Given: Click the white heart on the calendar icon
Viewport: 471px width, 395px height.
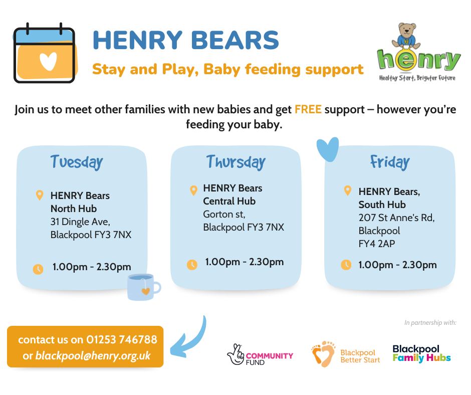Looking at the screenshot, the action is [x=48, y=61].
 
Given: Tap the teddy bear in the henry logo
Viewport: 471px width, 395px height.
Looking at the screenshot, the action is [x=406, y=37].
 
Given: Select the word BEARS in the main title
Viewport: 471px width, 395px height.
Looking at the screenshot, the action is [x=235, y=40].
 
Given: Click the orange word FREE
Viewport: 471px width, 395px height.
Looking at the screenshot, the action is [x=308, y=109].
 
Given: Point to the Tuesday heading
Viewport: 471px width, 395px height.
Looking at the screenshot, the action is [x=77, y=162].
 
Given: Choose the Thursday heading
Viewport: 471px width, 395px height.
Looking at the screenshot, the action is [x=236, y=162].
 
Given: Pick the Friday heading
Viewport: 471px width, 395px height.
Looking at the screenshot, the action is [x=390, y=162].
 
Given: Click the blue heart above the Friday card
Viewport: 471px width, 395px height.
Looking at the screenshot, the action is [x=328, y=149].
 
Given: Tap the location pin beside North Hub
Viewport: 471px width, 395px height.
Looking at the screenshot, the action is [x=40, y=195].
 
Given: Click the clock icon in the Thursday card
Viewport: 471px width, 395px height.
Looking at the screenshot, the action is [x=192, y=265].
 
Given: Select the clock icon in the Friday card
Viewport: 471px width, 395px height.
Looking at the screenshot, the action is [x=346, y=265].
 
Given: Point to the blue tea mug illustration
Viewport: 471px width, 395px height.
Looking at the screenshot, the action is [x=144, y=287].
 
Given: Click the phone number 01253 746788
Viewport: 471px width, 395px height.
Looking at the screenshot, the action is [x=122, y=339].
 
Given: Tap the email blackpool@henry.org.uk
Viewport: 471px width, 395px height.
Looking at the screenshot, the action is [x=93, y=355].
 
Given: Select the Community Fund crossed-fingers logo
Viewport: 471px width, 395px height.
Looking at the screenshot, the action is [x=260, y=354].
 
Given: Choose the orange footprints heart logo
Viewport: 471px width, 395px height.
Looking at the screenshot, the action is [x=324, y=354].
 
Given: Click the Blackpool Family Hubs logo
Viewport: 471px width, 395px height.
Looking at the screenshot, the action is [x=421, y=353].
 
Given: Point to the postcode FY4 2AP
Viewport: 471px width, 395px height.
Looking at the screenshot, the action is [x=377, y=244].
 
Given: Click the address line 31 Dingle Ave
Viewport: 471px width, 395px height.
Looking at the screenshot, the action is [x=80, y=222].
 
